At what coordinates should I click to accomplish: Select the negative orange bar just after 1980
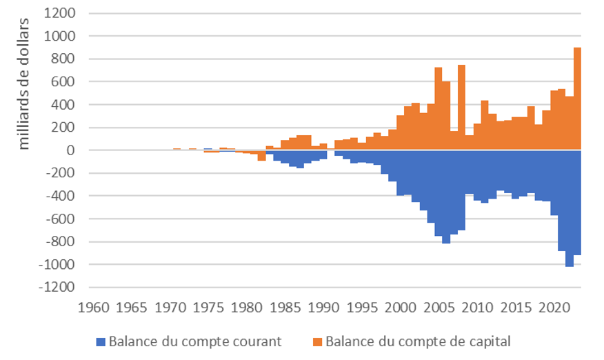pos(262,156)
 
